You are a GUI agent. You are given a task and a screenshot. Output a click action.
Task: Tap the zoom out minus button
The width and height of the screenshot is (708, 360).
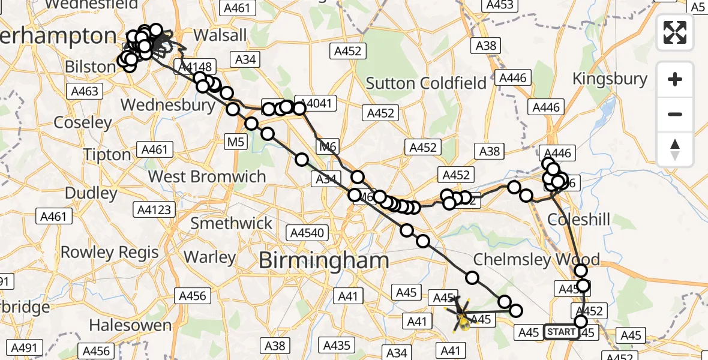(x=675, y=114)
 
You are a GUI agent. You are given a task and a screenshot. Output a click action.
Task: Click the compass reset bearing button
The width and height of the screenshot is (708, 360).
(x=675, y=149)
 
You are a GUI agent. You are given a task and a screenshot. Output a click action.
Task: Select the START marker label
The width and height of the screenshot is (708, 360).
(x=562, y=332)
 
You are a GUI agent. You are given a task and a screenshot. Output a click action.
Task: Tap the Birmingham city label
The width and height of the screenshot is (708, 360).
(x=323, y=261)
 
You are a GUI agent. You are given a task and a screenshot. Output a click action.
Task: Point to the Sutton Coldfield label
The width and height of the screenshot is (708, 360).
(x=426, y=83)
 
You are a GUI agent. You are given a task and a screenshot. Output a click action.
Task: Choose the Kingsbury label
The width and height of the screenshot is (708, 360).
(x=610, y=79)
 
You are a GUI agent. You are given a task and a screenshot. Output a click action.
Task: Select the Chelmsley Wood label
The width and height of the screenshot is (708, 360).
(x=536, y=260)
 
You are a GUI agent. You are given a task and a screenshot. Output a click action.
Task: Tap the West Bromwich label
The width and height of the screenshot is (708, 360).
(x=207, y=177)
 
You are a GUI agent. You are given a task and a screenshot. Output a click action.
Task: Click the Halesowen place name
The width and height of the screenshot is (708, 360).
(x=130, y=326)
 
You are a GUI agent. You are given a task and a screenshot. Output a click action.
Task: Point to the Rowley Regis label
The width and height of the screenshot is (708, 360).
(x=110, y=252)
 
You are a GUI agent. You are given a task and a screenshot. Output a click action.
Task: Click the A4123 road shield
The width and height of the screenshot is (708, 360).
(x=154, y=210)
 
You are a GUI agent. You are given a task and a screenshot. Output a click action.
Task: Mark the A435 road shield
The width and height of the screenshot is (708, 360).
(x=337, y=345)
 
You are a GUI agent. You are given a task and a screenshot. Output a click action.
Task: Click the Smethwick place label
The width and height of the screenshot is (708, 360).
(x=231, y=223)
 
